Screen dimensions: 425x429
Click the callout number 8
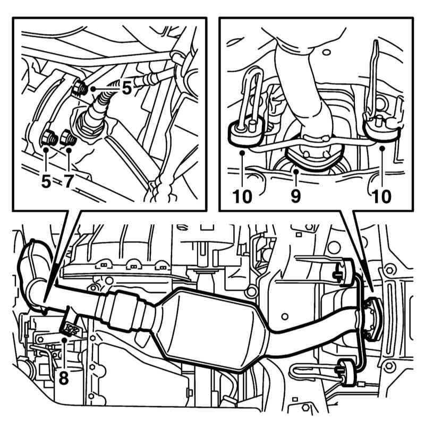(x=64, y=379)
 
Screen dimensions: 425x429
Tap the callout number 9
(x=296, y=196)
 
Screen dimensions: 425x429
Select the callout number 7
(x=69, y=181)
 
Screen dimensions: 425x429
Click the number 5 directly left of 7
(x=46, y=181)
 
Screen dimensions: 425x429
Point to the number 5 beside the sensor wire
(x=127, y=88)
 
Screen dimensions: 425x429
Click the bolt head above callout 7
(x=68, y=138)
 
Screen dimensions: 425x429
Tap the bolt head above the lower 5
(x=49, y=138)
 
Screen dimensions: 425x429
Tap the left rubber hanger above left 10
(x=245, y=131)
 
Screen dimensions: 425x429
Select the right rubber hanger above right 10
(x=382, y=127)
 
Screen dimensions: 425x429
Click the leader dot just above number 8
(x=64, y=339)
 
